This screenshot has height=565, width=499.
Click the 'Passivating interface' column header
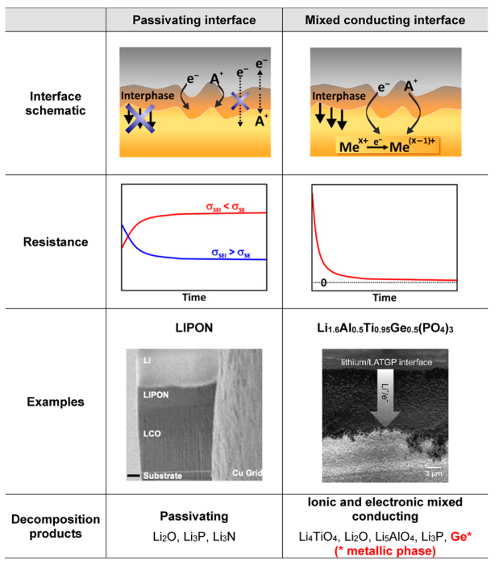194,19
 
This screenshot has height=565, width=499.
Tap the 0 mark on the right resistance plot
322,282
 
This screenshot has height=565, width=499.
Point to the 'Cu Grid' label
244,472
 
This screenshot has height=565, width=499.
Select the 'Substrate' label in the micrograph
158,476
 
